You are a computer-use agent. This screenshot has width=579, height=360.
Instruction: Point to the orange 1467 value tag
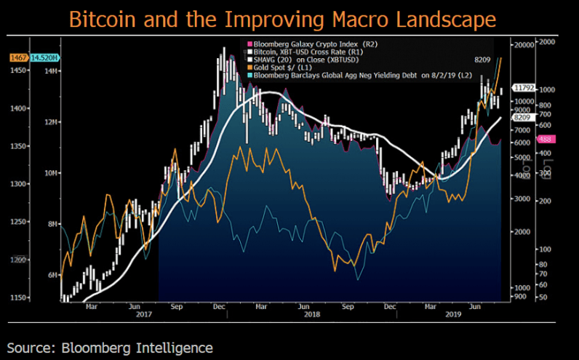click(17, 57)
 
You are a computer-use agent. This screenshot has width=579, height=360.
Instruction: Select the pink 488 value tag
click(545, 139)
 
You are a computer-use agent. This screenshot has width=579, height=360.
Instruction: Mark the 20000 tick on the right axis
click(523, 45)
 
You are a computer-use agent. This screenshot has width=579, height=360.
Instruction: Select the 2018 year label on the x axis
click(312, 315)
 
